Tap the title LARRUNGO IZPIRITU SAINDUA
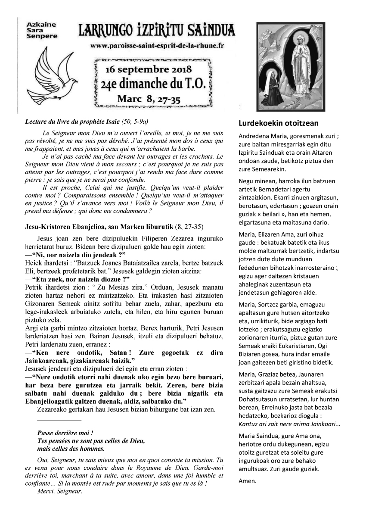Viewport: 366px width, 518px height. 157,31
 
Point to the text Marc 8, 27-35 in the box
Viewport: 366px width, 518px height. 149,99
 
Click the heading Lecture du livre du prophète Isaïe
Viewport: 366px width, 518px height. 86,122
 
